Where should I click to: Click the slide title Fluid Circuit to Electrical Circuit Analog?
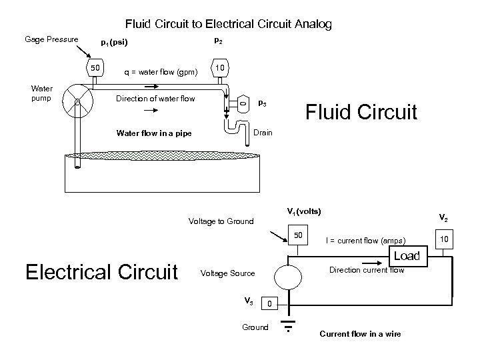coord(229,25)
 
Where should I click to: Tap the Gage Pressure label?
coord(51,40)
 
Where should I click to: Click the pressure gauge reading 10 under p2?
coord(218,68)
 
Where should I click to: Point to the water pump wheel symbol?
coord(77,102)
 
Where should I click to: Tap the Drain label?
coord(263,133)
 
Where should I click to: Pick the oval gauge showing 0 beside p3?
coord(243,103)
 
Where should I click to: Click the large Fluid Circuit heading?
coord(361,111)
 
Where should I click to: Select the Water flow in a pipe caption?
coord(153,133)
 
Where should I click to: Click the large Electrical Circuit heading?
coord(101,271)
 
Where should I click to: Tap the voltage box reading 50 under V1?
coord(299,236)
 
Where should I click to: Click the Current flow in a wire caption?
coord(360,334)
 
